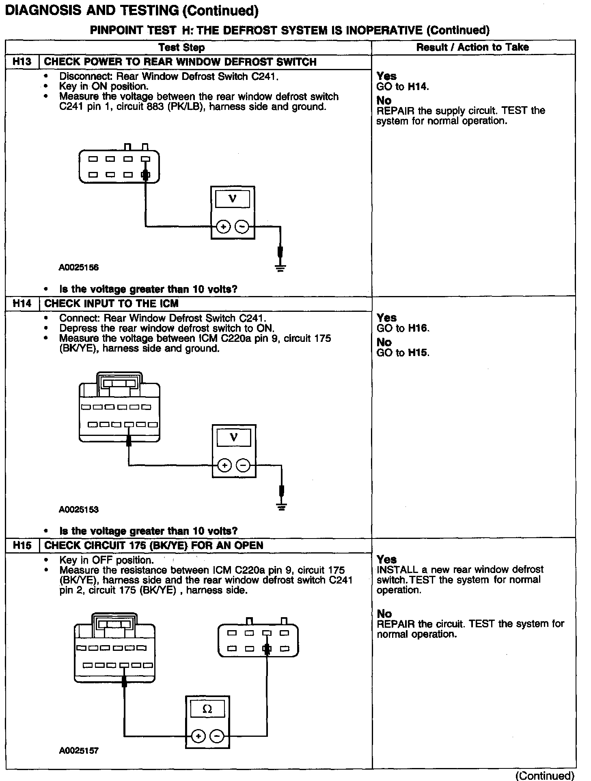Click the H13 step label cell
pos(22,62)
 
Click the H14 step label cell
pos(22,303)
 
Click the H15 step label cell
pos(22,545)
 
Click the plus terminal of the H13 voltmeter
pos(223,227)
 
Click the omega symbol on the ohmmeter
pos(207,709)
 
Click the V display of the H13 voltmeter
pos(233,199)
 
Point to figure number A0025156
pos(79,267)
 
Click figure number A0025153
pos(79,509)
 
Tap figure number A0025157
pos(79,751)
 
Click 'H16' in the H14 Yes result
pos(418,328)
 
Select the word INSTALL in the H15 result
pos(397,569)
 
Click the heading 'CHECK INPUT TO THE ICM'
pos(111,303)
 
